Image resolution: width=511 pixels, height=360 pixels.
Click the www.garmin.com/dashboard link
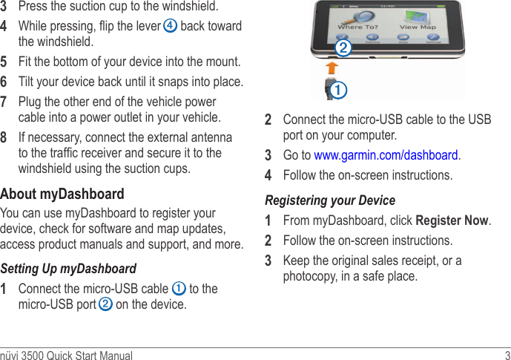386,155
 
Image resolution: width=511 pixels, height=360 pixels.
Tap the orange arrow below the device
332,67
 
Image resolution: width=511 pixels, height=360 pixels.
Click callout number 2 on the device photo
342,50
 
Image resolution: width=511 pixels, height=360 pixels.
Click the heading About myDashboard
62,194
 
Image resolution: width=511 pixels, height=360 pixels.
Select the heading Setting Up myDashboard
68,268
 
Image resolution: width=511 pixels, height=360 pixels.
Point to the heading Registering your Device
330,200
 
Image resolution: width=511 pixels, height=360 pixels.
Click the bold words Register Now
452,220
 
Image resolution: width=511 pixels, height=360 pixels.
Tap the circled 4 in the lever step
171,26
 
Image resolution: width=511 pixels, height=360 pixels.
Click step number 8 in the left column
4,138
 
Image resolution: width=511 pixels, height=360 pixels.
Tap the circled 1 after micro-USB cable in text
179,288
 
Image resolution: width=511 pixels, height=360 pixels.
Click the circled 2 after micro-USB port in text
106,304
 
